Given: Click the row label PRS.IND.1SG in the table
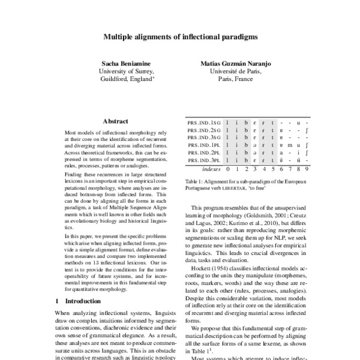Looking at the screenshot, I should click(x=204, y=122).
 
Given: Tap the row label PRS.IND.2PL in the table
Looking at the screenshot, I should click(x=204, y=153).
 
